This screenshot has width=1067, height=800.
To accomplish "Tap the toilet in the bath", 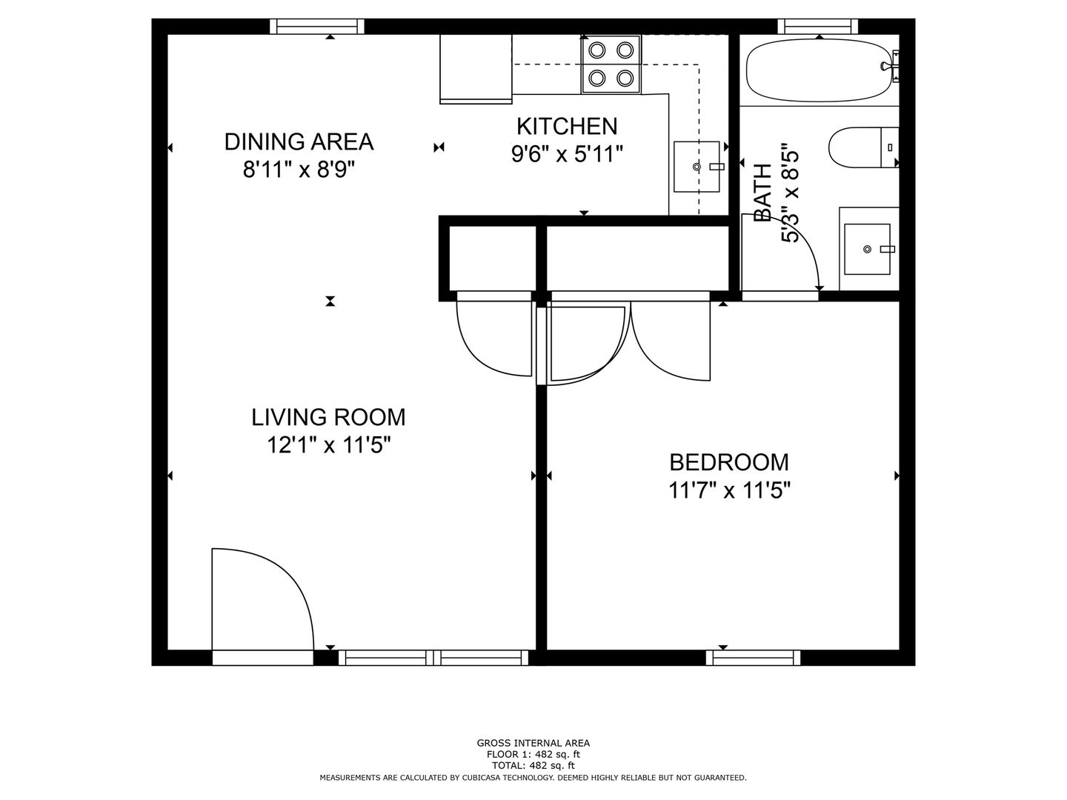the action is click(862, 147).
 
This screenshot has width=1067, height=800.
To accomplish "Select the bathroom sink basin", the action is click(867, 249).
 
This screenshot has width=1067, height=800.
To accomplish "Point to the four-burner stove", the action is click(611, 64).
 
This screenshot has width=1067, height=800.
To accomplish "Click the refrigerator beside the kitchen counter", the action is click(476, 68).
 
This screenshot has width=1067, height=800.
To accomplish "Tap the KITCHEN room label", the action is click(567, 126).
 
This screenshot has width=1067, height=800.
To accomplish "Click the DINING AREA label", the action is click(299, 141).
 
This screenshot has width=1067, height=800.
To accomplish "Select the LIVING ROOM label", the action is click(328, 417).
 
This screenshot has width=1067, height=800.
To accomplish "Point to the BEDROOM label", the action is click(728, 462).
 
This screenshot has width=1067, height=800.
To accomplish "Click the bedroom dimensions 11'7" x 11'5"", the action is click(728, 490).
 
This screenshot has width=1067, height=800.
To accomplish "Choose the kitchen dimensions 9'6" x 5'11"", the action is click(567, 155).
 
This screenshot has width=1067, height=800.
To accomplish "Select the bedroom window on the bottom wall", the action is click(753, 658).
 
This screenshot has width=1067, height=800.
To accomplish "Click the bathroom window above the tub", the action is click(817, 26).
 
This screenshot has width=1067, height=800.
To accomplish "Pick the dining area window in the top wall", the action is click(317, 26).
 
